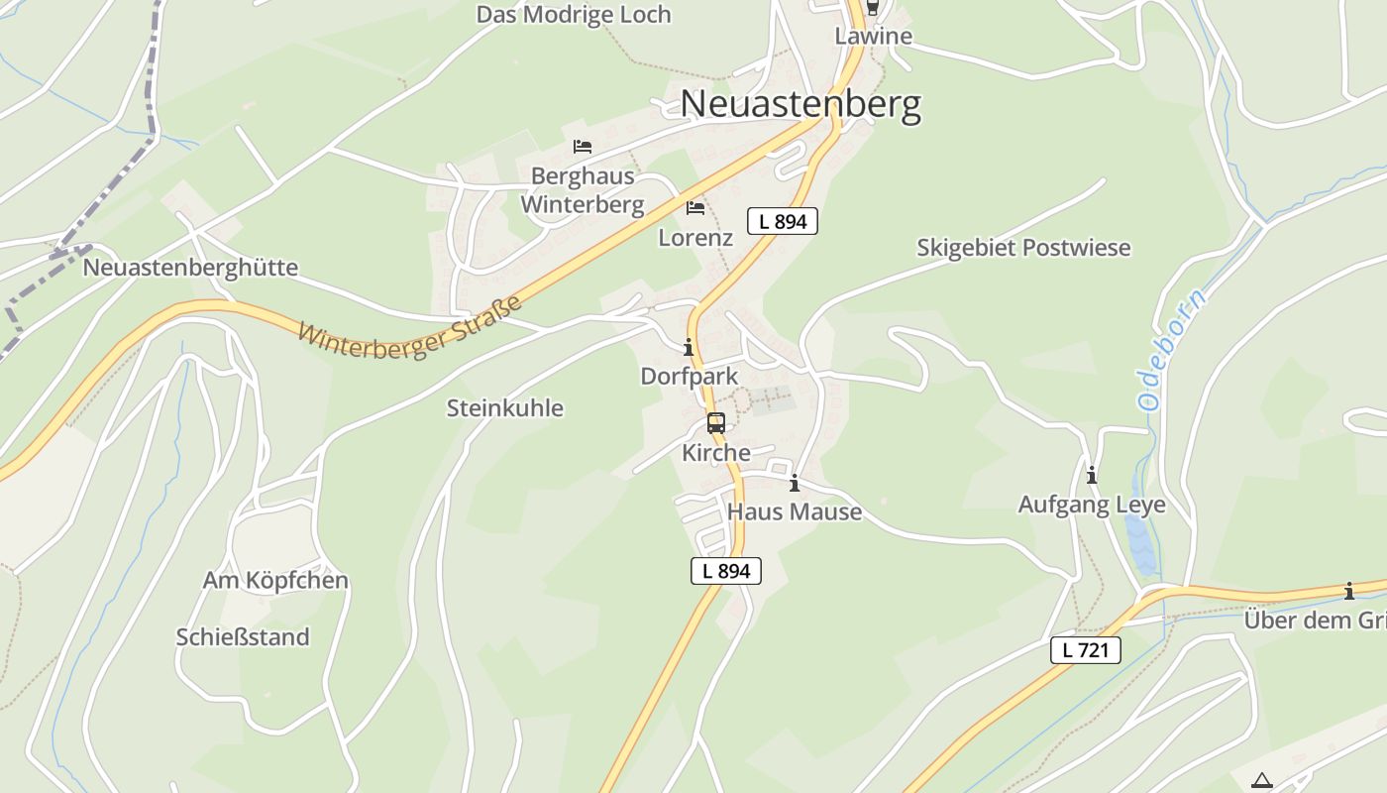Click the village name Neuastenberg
click(x=800, y=104)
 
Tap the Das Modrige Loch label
click(x=573, y=15)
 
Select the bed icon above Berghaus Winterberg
click(x=583, y=147)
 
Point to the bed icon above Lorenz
click(x=695, y=208)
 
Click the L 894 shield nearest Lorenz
click(x=782, y=222)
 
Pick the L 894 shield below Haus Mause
click(x=726, y=571)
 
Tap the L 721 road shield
click(x=1086, y=650)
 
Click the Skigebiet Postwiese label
click(x=1023, y=248)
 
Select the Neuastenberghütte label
click(x=190, y=268)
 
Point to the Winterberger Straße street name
click(x=409, y=327)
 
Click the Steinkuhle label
click(x=505, y=408)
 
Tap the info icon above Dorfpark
click(x=689, y=348)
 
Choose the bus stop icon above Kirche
click(x=716, y=423)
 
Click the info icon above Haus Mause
click(x=794, y=484)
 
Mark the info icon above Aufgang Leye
click(x=1092, y=476)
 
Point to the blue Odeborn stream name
click(x=1171, y=351)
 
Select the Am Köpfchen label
click(x=275, y=581)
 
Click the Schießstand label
click(x=243, y=637)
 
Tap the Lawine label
click(x=873, y=37)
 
